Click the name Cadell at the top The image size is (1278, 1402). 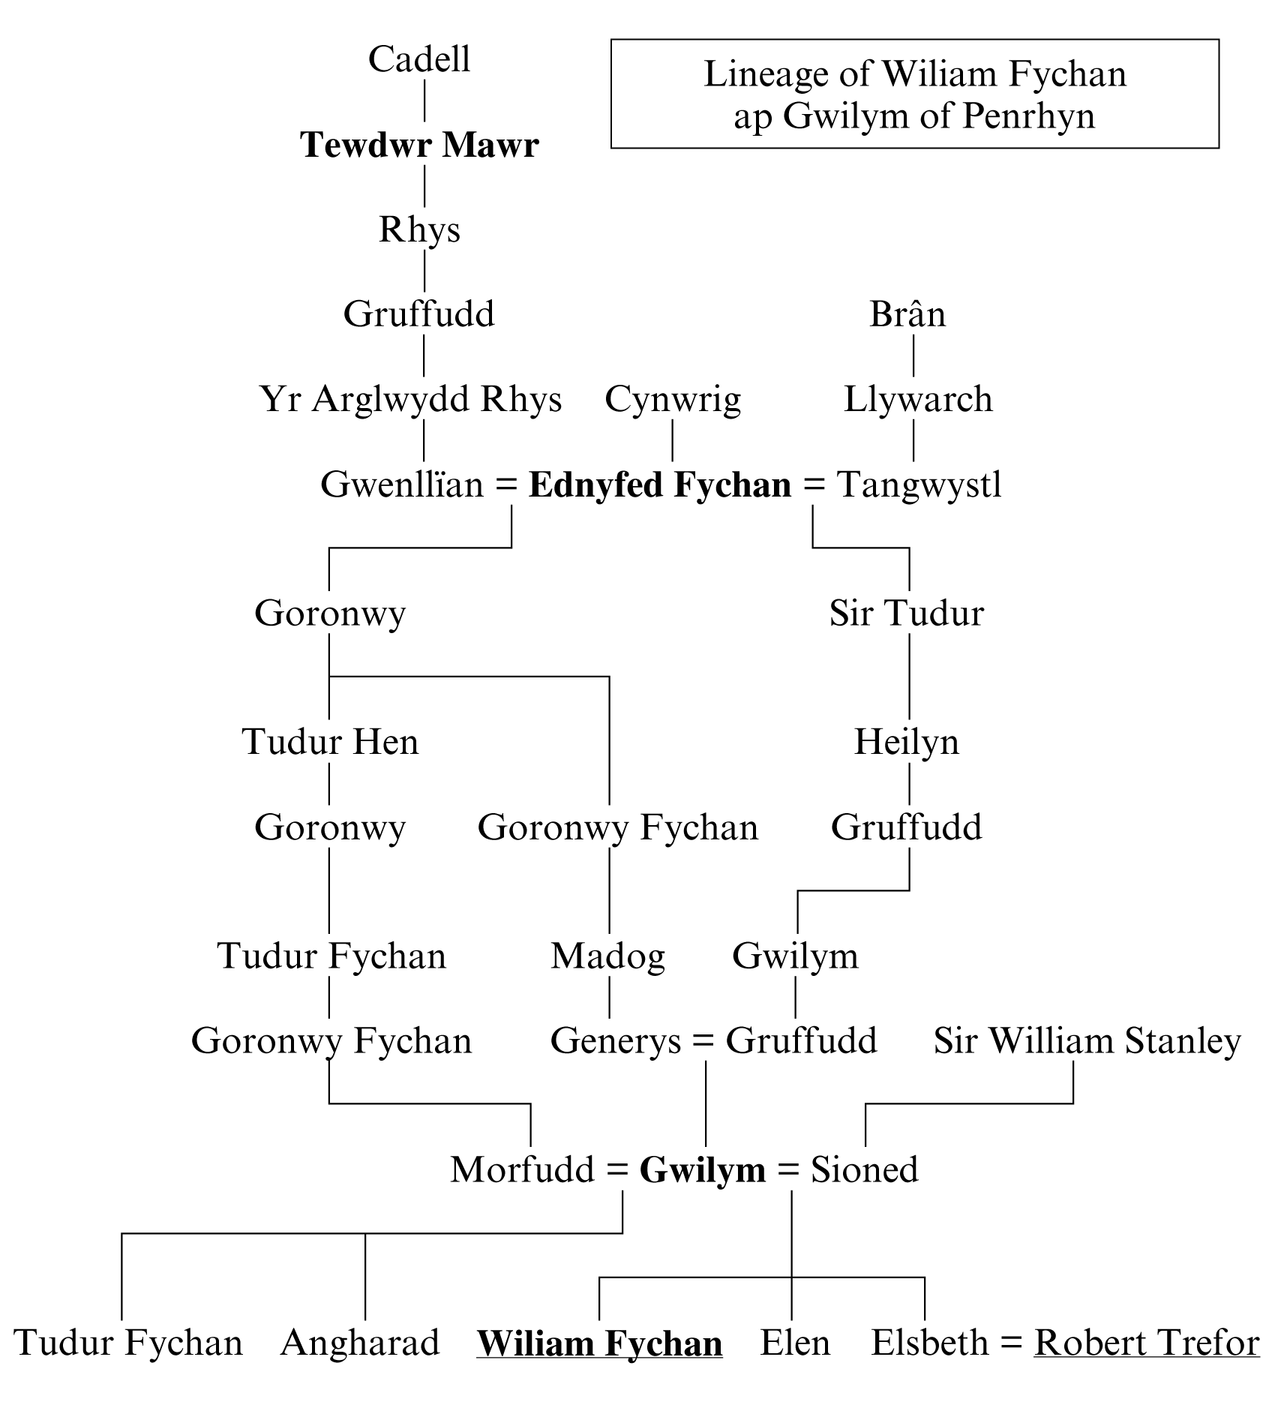point(419,59)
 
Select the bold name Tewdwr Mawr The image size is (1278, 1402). point(419,145)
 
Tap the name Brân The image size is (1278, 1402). point(907,314)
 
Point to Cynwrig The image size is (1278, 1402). point(673,399)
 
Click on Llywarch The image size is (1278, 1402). point(918,399)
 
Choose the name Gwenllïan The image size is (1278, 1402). point(402,485)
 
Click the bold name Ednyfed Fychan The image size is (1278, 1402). point(660,485)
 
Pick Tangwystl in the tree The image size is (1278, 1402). point(919,485)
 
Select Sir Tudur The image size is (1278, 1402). point(906,613)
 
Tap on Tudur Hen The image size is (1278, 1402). point(330,742)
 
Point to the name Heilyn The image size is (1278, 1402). point(907,742)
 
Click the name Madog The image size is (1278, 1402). point(607,956)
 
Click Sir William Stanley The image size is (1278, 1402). point(1087,1041)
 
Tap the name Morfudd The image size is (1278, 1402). point(522,1169)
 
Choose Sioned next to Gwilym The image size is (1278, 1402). point(864,1169)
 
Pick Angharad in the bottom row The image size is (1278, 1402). point(360,1343)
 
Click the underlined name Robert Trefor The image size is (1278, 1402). point(1147,1343)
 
